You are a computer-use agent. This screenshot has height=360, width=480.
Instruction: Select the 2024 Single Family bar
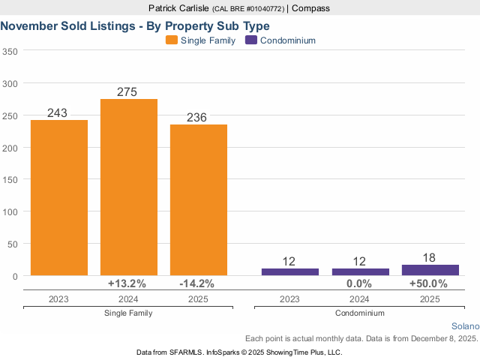[129, 187]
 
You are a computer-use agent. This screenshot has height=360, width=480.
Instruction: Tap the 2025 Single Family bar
[199, 199]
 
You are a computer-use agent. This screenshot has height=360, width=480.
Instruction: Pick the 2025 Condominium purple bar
[430, 270]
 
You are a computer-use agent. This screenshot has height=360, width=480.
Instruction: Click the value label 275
[127, 91]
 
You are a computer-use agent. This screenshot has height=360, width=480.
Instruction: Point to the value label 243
[58, 112]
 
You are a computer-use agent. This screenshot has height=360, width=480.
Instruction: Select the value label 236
[196, 117]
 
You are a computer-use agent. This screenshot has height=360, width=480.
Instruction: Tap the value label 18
[430, 257]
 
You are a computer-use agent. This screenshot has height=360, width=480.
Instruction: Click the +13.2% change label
[127, 284]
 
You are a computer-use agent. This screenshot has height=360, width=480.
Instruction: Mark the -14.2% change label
[196, 284]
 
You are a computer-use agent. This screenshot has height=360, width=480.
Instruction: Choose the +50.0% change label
[428, 284]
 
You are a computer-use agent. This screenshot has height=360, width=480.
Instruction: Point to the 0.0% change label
[359, 284]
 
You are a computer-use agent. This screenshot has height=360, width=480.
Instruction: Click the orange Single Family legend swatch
[172, 40]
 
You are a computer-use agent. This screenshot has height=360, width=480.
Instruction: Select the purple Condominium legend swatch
[251, 40]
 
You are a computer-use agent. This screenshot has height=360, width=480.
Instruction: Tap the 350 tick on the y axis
[10, 52]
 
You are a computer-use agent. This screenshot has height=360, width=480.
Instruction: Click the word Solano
[465, 326]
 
